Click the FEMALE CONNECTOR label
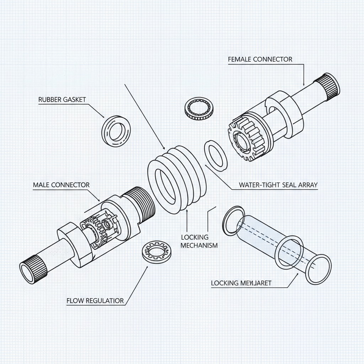[260, 59]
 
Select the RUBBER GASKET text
[62, 100]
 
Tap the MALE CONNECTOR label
[61, 185]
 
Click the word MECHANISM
[199, 245]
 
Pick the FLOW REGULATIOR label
[95, 301]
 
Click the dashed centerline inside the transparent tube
[270, 238]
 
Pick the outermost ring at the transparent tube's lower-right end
[318, 269]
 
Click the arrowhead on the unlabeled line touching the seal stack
[164, 148]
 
